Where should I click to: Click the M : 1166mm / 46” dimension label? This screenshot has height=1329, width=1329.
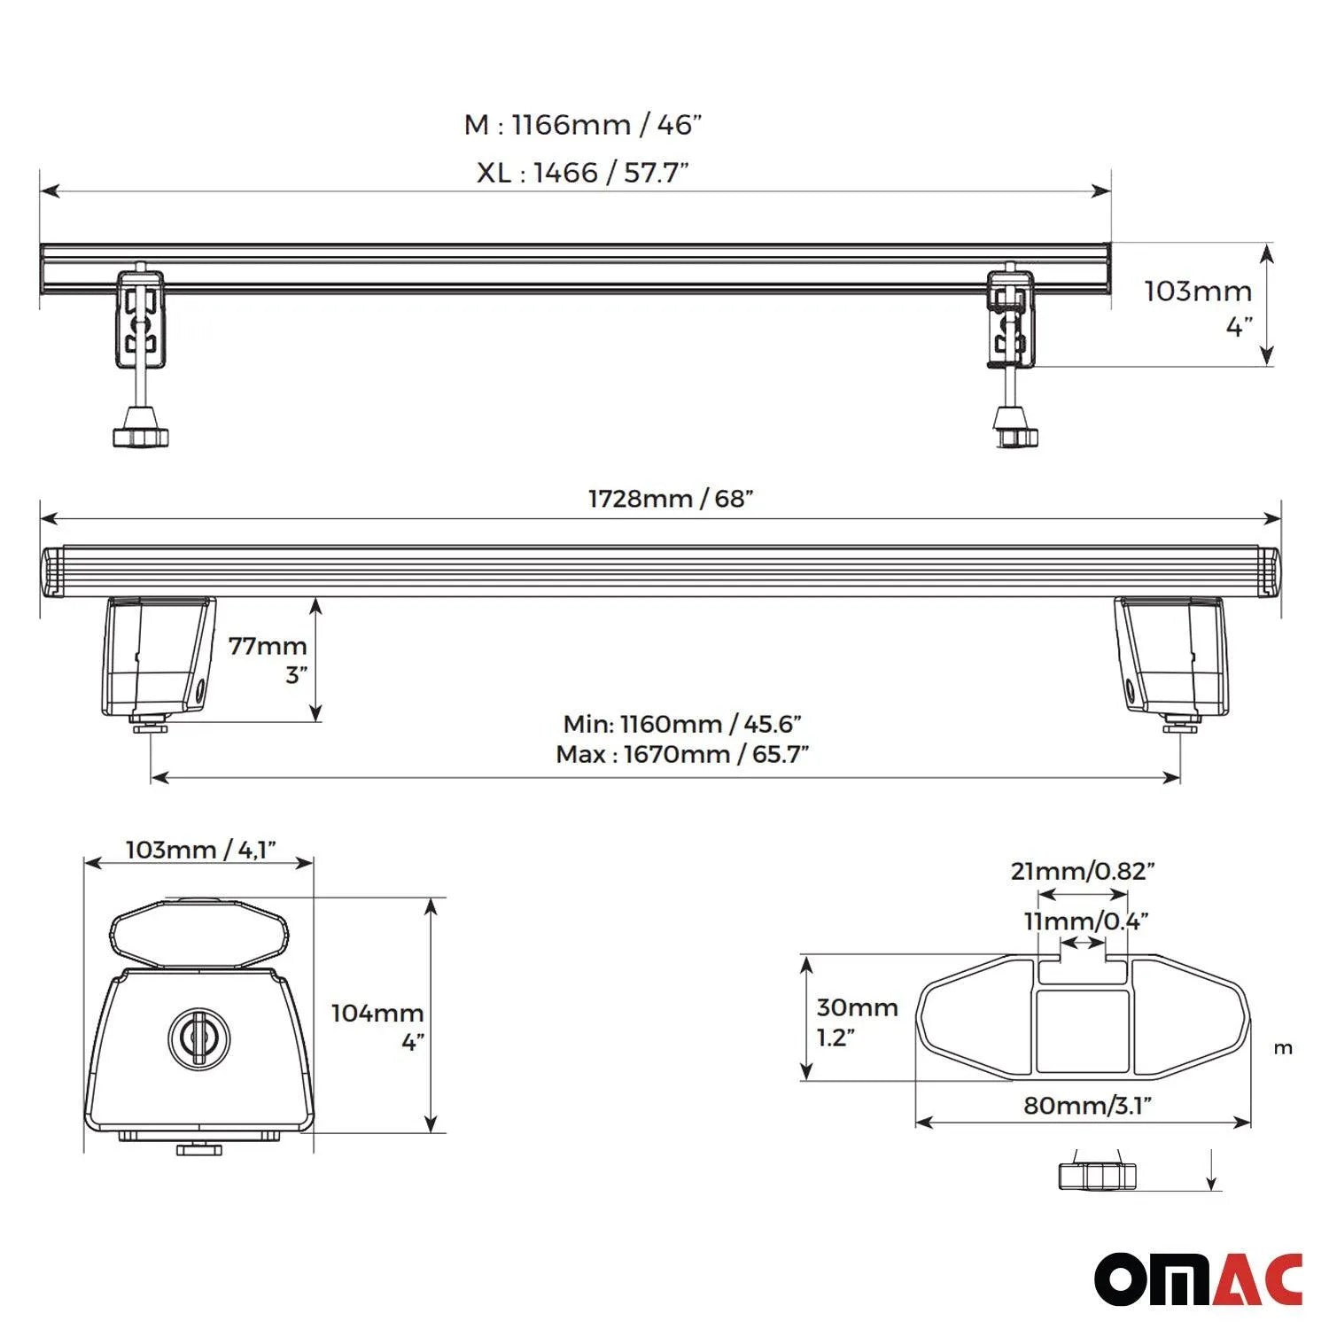click(582, 125)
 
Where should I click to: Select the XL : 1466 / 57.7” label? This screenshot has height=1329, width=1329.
click(582, 172)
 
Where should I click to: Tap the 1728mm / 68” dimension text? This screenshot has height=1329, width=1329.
click(671, 498)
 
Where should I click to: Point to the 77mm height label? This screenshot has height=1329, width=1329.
click(268, 646)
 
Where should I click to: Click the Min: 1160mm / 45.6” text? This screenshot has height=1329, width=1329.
click(681, 724)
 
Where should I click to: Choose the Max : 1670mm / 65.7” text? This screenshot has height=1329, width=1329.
click(681, 754)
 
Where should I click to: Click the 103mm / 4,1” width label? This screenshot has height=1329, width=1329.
click(200, 850)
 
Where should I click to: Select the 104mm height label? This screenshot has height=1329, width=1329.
click(377, 1013)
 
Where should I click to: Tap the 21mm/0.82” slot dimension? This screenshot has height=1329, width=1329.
click(1083, 871)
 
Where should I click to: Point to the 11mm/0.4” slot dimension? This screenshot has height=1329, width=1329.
click(1086, 921)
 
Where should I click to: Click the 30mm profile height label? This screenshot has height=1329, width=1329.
click(857, 1007)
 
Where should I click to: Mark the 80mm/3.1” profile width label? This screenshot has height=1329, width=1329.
click(1087, 1105)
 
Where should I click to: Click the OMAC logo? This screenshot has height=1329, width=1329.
click(1198, 1279)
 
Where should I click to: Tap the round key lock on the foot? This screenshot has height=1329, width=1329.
click(198, 1036)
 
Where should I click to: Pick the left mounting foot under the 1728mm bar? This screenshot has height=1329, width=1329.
click(158, 657)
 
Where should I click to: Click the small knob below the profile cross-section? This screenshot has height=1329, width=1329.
click(1097, 1176)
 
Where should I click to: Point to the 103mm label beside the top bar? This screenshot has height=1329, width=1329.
click(1198, 291)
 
